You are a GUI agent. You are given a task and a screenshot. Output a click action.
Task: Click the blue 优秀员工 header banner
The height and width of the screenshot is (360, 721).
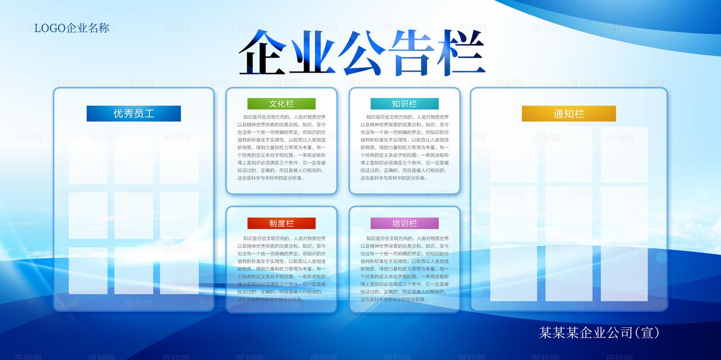(x=133, y=113)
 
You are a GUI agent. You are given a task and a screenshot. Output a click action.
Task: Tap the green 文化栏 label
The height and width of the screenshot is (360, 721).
(x=281, y=104)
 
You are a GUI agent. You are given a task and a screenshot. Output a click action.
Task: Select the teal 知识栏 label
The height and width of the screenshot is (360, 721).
(x=404, y=104)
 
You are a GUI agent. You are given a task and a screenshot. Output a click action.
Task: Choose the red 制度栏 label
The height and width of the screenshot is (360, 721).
(x=281, y=223)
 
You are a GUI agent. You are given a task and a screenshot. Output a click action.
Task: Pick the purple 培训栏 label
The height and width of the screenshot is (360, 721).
(x=404, y=223)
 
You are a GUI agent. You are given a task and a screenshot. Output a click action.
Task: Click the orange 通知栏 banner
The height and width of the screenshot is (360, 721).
(x=568, y=114)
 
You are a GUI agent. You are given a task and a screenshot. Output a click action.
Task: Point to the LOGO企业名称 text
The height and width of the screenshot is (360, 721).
(x=72, y=28)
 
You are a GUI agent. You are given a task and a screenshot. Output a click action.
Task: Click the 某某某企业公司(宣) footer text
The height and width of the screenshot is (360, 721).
(x=599, y=332)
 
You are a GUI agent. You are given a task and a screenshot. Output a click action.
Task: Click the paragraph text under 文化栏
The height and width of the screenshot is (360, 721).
(x=281, y=147)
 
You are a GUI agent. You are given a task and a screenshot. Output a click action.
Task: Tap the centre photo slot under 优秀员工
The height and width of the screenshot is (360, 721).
(x=133, y=215)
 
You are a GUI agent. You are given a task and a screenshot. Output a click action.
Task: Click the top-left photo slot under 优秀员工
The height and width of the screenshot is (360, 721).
(x=88, y=159)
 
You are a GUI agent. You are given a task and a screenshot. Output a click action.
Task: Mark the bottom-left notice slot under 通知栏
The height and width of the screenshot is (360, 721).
(x=513, y=273)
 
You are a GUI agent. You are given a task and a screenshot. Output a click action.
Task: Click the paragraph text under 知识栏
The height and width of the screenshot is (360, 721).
(x=404, y=147)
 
